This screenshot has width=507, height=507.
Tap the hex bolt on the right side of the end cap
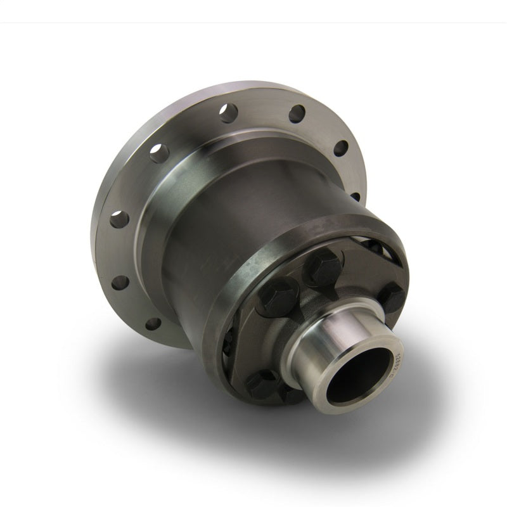pos(391,296)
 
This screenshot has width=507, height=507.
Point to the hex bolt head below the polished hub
pos(261,384)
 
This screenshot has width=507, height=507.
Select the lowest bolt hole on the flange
pos(153,324)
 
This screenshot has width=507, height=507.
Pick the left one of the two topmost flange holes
pos(228,113)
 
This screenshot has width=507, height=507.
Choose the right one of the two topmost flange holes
pos(297,114)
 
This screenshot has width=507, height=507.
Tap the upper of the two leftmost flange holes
pos(119,219)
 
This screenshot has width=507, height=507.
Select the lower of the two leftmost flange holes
pos(120,282)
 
